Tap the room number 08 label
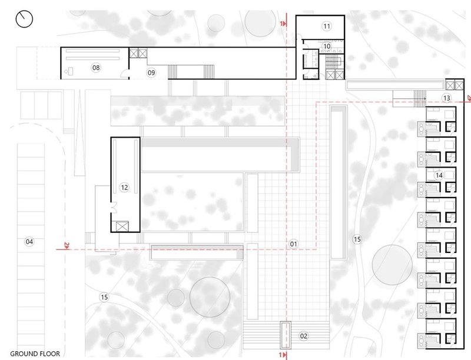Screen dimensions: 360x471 pyautogui.click(x=96, y=68)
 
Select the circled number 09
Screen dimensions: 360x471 pyautogui.click(x=151, y=72)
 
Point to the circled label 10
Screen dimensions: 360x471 pyautogui.click(x=327, y=46)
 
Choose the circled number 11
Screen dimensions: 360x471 pyautogui.click(x=326, y=25)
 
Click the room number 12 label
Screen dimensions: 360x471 pyautogui.click(x=124, y=187)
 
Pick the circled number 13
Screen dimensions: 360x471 pyautogui.click(x=447, y=97)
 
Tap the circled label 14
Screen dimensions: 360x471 pyautogui.click(x=439, y=175)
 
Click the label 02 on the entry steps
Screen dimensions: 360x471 pyautogui.click(x=304, y=336)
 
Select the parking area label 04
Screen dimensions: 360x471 pyautogui.click(x=29, y=241)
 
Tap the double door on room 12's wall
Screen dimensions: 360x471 pyautogui.click(x=114, y=206)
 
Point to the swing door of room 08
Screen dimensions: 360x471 pyautogui.click(x=122, y=74)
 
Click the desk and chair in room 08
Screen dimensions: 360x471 pyautogui.click(x=71, y=71)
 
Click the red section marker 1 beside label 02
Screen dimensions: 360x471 pyautogui.click(x=284, y=354)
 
